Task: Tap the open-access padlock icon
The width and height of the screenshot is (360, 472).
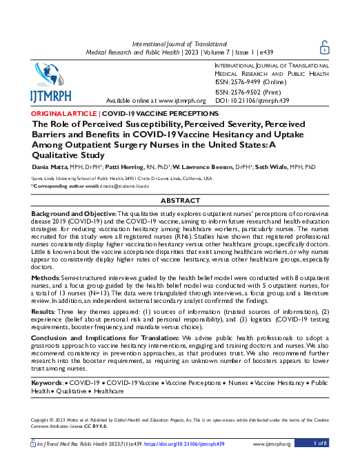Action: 325,46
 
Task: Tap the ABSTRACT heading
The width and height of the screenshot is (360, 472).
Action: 180,200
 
